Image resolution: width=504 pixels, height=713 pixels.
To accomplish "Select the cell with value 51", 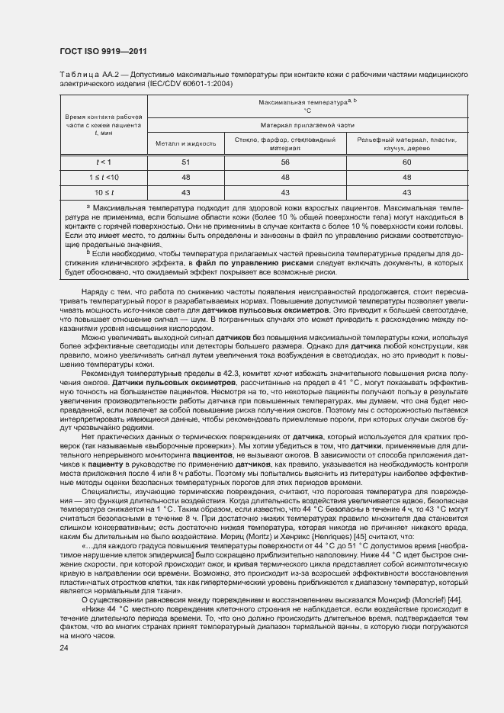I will coord(185,162).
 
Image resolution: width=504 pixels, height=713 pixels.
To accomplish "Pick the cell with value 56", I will coord(285,162).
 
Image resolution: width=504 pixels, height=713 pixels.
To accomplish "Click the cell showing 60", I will coord(406,162).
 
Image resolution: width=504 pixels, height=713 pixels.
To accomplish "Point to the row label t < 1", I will coord(103,162).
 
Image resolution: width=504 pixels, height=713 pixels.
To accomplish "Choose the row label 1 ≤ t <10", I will coord(103,177).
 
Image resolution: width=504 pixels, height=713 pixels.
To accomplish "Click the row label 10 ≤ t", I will coord(103,192).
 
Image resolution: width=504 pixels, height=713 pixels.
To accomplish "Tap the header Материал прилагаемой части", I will coord(307,124).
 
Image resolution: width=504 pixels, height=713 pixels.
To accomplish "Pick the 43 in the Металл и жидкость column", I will coord(185,192).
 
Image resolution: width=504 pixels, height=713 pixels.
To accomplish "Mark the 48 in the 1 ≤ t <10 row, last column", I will coord(406,177).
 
